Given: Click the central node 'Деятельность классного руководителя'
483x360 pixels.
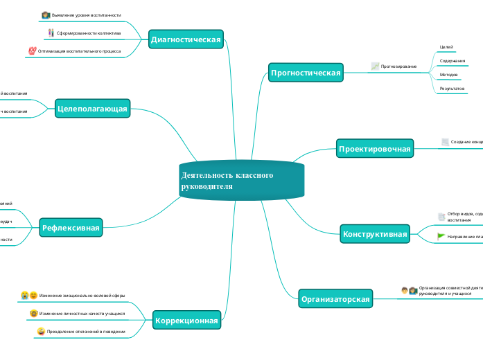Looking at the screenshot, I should (x=241, y=181).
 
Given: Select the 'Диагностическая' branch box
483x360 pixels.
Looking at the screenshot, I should (x=186, y=40).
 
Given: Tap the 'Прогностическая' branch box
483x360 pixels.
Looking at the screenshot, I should (x=306, y=72).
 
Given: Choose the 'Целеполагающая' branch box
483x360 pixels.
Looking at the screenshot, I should (x=91, y=108).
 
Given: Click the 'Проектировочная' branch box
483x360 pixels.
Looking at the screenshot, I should (x=374, y=149).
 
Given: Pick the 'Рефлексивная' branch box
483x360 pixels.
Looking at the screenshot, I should (x=71, y=227).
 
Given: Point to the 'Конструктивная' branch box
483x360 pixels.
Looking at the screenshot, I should (x=375, y=235).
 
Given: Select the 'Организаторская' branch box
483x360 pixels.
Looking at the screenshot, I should (x=335, y=300).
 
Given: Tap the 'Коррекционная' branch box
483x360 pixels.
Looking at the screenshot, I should (x=186, y=321).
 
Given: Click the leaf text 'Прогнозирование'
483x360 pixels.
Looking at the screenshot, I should (x=399, y=66).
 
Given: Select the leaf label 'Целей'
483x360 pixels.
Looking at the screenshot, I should (x=446, y=47).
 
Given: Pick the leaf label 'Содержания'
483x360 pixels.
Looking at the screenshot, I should (x=453, y=61).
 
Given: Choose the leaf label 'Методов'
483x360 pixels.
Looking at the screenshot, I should (x=449, y=75).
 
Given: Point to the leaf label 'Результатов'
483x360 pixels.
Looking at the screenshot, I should (x=452, y=89).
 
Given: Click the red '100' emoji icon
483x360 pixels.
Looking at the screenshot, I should (x=32, y=51).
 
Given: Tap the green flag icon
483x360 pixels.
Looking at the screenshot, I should (x=441, y=237).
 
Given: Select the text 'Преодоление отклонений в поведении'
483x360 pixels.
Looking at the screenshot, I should (x=86, y=332).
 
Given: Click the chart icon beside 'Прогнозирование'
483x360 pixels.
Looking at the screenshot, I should (x=375, y=66).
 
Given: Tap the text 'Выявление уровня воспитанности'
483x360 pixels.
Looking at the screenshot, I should (x=86, y=15).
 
